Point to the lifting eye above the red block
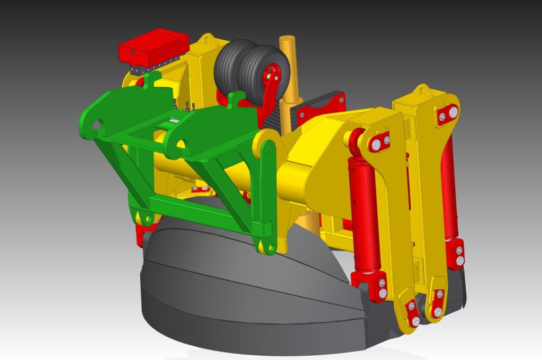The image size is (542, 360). (x=206, y=39)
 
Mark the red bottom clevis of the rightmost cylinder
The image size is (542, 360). (x=455, y=253)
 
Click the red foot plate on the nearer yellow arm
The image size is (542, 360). (x=412, y=312)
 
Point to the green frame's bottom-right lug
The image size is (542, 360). (x=265, y=245)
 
